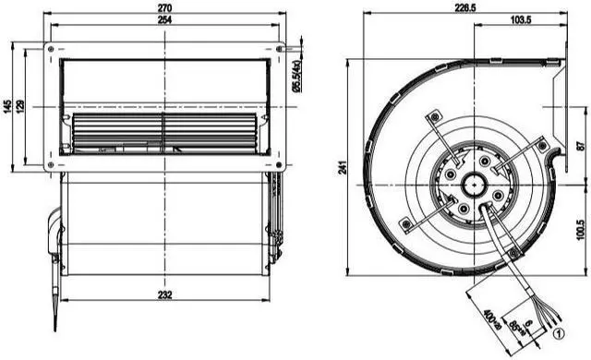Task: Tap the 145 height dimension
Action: (x=8, y=107)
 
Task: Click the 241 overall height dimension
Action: (x=344, y=167)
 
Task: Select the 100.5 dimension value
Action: (x=581, y=227)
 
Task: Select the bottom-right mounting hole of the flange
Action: (x=280, y=165)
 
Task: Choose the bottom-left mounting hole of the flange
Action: (x=51, y=165)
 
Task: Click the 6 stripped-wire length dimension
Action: (x=528, y=324)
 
